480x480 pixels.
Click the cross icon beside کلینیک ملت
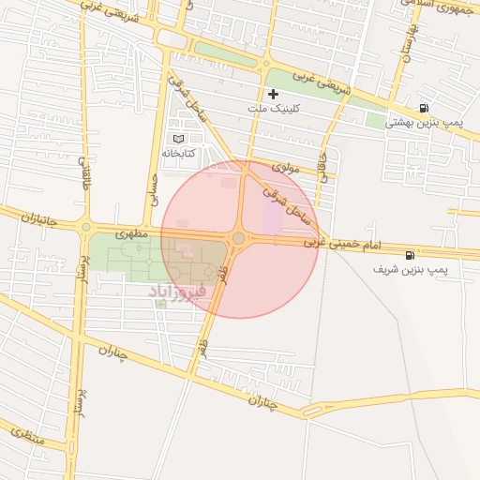click(x=273, y=94)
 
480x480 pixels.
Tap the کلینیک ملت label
click(x=272, y=109)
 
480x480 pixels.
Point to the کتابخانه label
click(x=178, y=153)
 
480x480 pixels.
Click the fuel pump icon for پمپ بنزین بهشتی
click(x=425, y=109)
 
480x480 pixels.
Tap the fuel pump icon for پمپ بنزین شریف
click(x=410, y=255)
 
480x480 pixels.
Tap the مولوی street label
click(x=285, y=168)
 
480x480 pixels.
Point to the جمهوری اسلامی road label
click(x=443, y=7)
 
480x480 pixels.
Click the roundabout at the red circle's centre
click(x=239, y=239)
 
